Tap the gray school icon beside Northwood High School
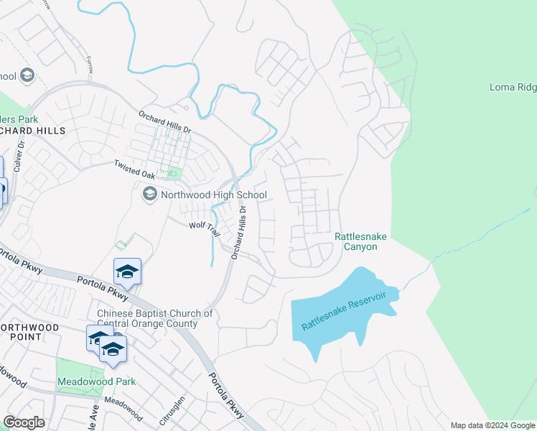coord(150,194)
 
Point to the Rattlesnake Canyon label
coord(355,241)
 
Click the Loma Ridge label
coord(513,88)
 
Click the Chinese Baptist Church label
coord(155,318)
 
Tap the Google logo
coord(24,422)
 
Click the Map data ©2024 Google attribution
coord(492,425)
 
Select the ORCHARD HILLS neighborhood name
coord(32,131)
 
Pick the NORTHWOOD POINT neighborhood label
coord(29,328)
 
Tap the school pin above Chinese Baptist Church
coord(127,272)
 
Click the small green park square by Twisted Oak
coord(172,172)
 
